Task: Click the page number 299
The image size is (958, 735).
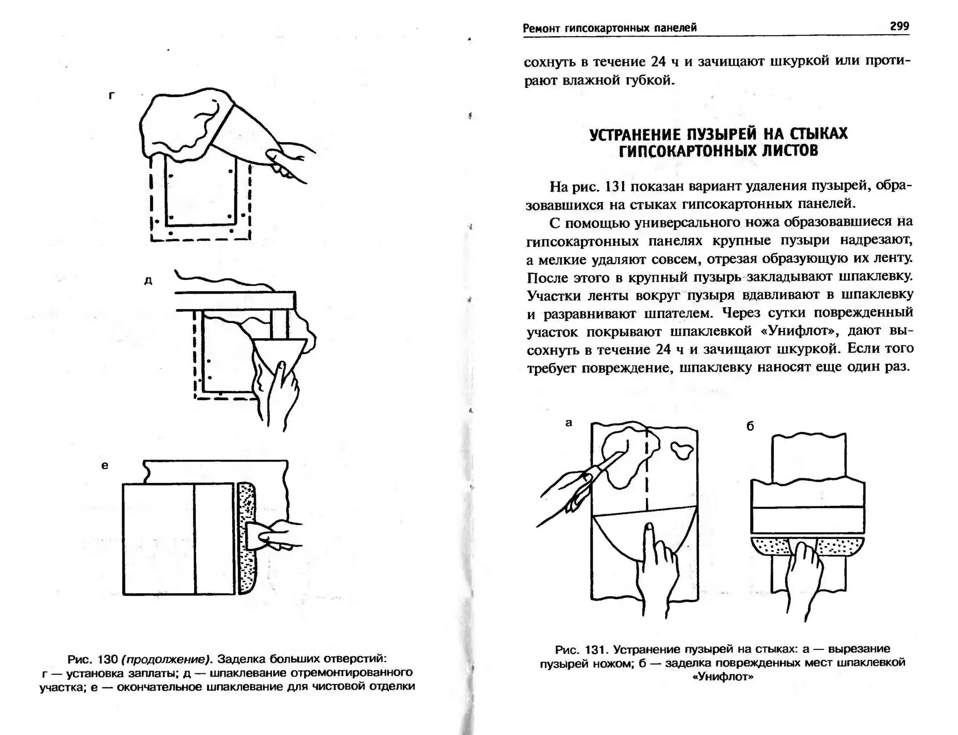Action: [899, 26]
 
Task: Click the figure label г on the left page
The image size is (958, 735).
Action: [111, 96]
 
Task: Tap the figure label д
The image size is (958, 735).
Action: [148, 281]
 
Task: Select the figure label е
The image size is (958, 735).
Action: [105, 465]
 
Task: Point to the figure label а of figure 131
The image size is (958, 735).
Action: [568, 423]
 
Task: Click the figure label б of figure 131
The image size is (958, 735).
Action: [750, 426]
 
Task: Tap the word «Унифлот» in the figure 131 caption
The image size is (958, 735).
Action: [723, 677]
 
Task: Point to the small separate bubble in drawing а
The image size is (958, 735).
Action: [682, 450]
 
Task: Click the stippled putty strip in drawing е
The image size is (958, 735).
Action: [246, 538]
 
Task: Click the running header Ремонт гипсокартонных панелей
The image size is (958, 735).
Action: [610, 28]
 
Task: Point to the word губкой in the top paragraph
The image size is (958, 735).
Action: [650, 80]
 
